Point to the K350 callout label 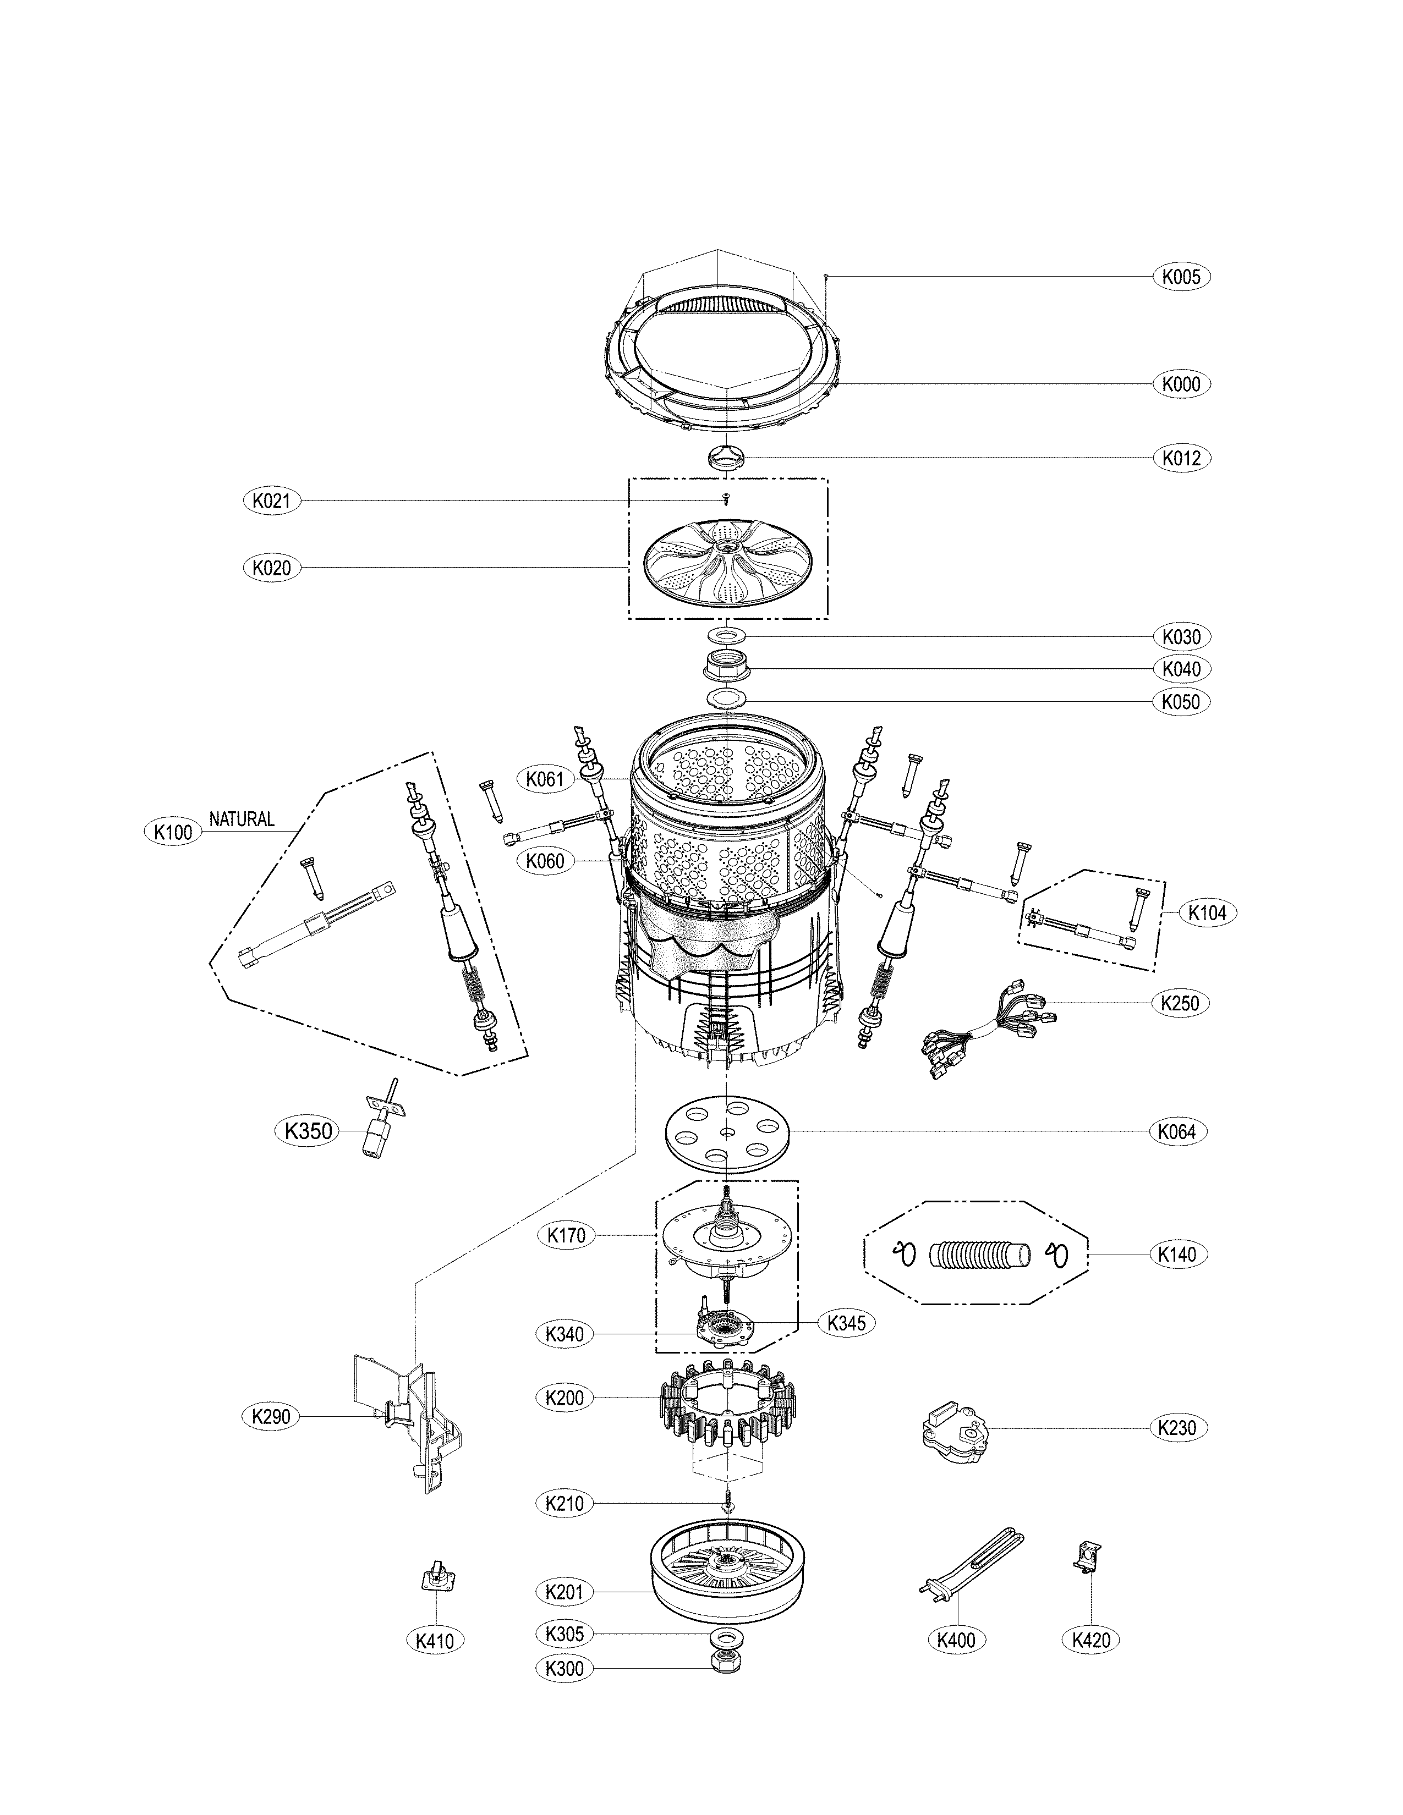pos(308,1130)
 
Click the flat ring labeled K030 pos(726,636)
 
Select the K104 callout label pos(1207,912)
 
